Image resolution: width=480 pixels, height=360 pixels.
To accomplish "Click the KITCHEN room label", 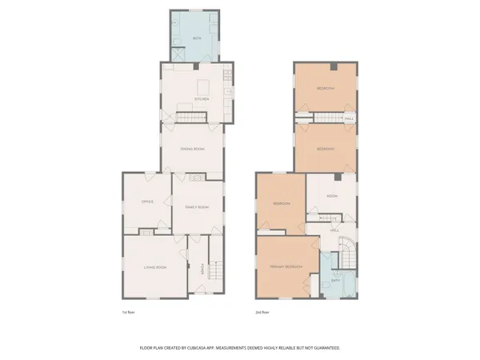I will pos(202,100).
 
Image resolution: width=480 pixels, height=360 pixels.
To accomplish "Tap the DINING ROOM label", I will pos(192,149).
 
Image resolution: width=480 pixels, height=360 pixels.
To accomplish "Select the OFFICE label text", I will pos(147,202).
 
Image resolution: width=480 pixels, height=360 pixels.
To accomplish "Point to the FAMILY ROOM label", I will pos(197,207).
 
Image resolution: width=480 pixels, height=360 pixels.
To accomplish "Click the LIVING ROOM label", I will pos(154,267).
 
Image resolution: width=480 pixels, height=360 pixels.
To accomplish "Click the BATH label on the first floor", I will pos(196,38).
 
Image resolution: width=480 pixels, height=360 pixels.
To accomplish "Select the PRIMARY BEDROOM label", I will pos(286,266).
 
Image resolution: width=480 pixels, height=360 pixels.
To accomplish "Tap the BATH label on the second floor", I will pos(336,281).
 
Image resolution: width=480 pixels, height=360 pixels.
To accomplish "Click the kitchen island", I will pos(202,85).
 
